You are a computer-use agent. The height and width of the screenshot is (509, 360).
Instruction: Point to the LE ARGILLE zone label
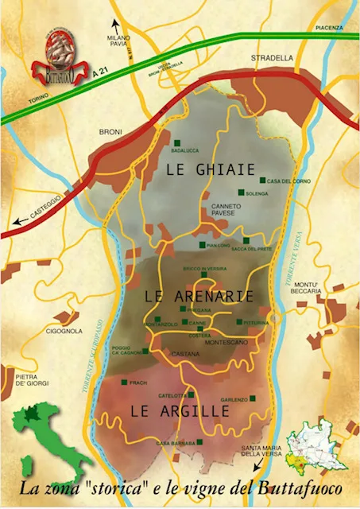tap(179, 410)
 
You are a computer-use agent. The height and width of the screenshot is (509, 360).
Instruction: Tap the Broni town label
tap(110, 131)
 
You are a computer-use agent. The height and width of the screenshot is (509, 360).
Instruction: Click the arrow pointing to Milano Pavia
tap(116, 24)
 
